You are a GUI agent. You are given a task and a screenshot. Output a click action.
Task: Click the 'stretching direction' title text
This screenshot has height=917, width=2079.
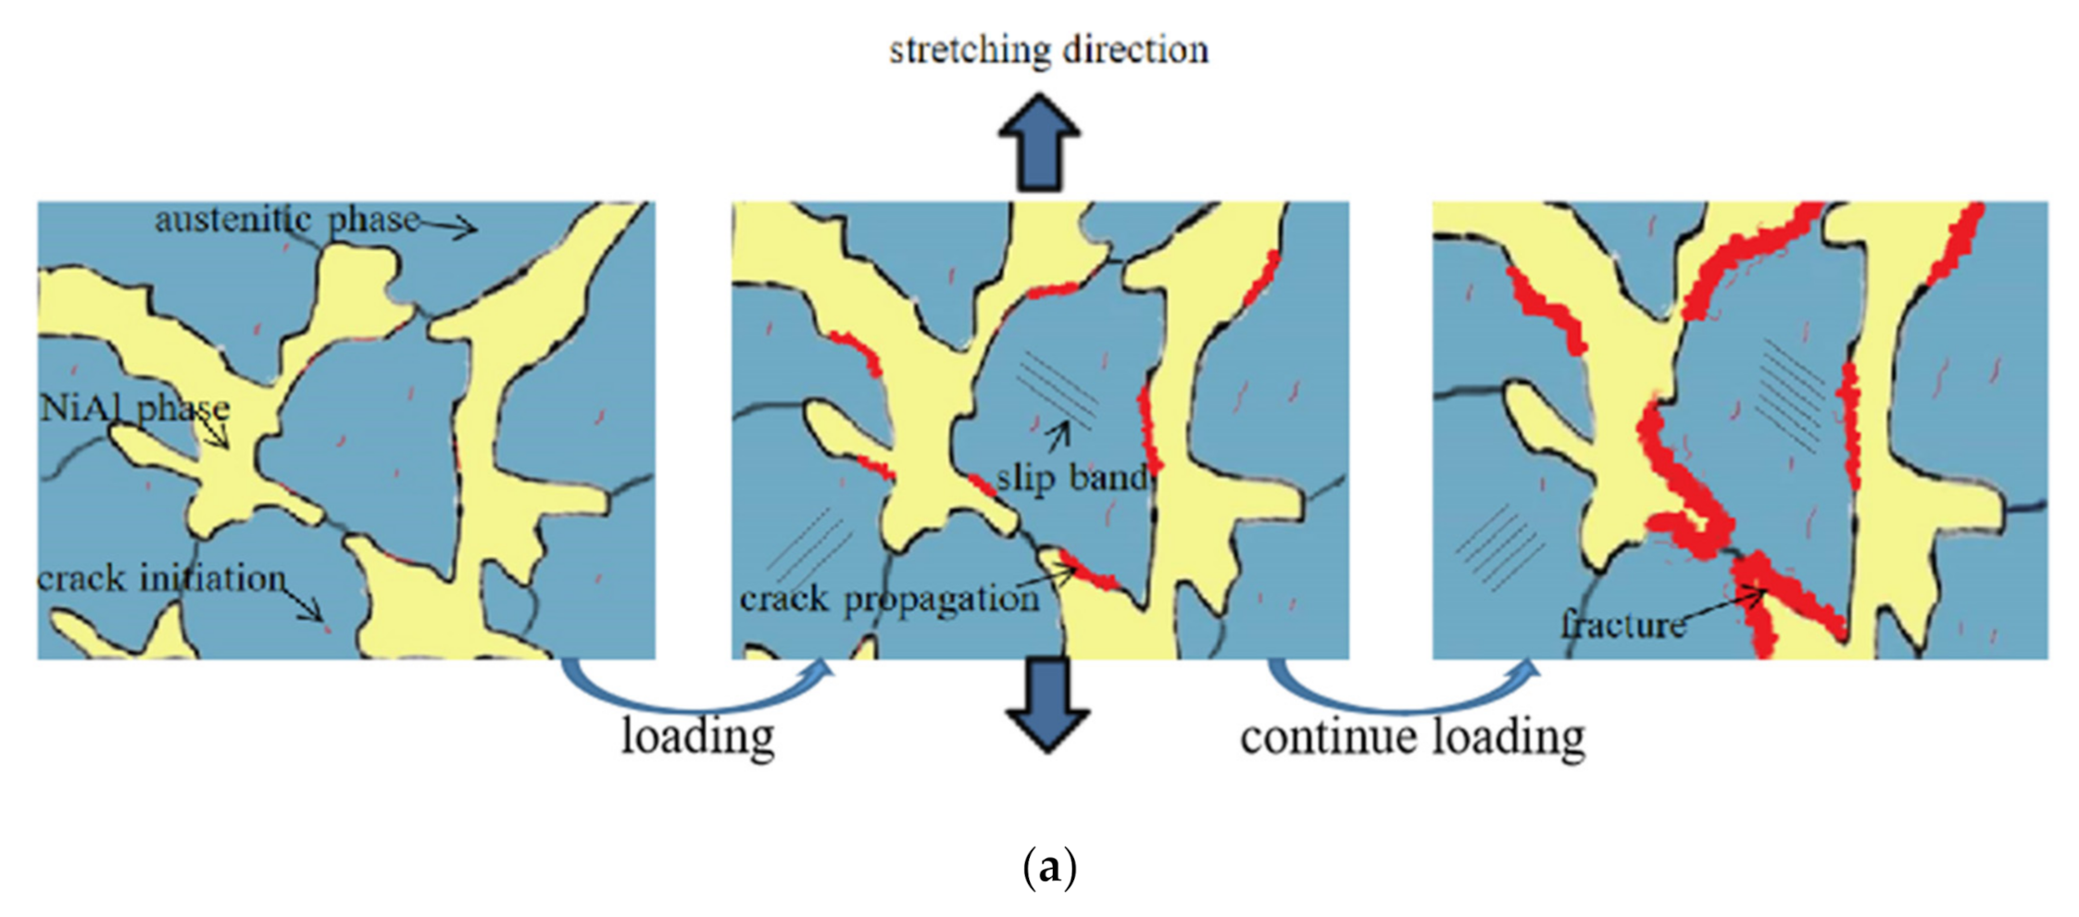click(x=1048, y=50)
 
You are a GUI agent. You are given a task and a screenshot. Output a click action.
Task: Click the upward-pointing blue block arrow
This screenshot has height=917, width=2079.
click(x=1039, y=143)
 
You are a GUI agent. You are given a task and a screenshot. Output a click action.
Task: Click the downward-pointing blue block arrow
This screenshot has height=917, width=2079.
click(x=1047, y=703)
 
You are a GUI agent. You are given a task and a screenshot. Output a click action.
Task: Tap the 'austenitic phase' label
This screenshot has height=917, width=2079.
click(x=287, y=220)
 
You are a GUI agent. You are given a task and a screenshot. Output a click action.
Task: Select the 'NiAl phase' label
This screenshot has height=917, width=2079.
click(x=135, y=408)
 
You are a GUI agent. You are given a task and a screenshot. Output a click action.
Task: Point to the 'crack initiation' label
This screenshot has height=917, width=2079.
click(x=161, y=579)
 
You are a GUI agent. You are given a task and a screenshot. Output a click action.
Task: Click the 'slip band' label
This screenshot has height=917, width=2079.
click(x=1071, y=478)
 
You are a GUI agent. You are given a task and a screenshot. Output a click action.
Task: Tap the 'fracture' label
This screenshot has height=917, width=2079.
click(x=1622, y=625)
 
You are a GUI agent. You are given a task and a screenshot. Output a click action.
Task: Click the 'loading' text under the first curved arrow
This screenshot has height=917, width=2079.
click(x=697, y=737)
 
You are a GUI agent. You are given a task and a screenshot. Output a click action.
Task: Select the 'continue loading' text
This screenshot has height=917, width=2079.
click(x=1412, y=737)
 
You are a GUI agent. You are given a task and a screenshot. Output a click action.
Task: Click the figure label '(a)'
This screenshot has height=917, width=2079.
click(x=1049, y=868)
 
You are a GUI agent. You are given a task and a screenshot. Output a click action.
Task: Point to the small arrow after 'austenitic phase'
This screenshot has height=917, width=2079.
click(x=450, y=225)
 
